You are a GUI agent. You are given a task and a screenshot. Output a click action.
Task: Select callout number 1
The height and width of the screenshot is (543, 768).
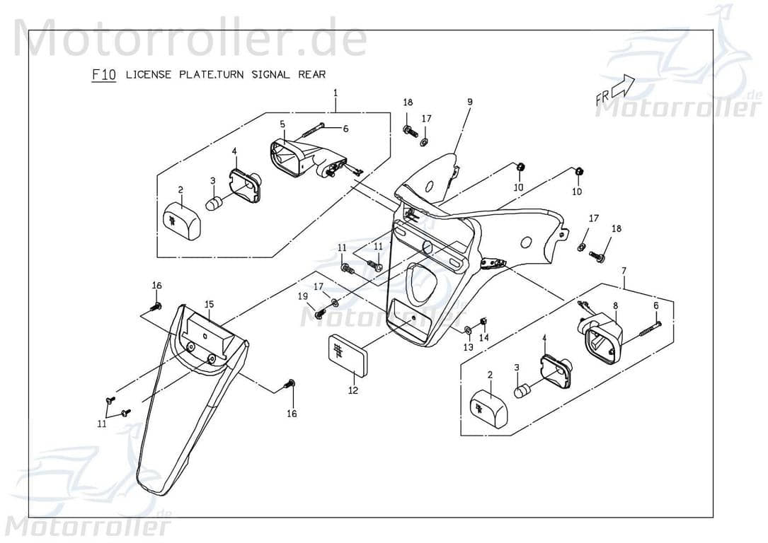point(336,93)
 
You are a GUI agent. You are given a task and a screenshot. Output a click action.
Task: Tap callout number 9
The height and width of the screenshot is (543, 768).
point(469,102)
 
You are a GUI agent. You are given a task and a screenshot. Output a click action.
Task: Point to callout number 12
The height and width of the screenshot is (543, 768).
point(353,390)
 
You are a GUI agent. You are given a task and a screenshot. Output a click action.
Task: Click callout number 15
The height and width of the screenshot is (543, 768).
point(209,304)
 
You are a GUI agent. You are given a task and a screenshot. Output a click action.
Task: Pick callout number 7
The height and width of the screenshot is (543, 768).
point(624,270)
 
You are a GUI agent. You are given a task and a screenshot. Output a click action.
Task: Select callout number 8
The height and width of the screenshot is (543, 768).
point(615,305)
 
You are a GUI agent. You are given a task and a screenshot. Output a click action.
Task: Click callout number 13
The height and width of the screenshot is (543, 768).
point(468,347)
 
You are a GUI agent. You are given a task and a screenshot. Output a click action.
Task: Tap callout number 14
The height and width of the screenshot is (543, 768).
point(484,338)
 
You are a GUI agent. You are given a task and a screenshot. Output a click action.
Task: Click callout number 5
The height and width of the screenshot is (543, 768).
point(282,124)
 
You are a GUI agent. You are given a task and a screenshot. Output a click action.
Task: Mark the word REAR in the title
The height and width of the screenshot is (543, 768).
point(311,75)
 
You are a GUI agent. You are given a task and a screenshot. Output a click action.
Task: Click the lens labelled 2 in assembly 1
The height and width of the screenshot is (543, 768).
point(181,219)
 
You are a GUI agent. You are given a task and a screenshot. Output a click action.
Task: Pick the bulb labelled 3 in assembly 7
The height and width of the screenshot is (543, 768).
point(524,390)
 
